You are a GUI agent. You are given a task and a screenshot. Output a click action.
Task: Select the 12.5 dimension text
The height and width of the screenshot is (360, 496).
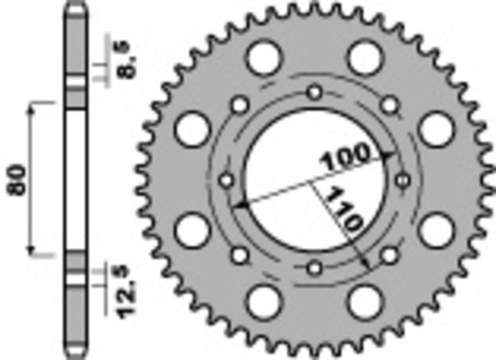[x=126, y=291]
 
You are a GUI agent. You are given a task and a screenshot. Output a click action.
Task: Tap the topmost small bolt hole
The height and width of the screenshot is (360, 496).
[x=315, y=92]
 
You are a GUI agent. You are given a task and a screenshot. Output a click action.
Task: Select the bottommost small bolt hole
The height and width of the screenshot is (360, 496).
[x=315, y=269]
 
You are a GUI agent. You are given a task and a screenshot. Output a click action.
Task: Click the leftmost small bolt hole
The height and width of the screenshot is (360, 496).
[x=226, y=180]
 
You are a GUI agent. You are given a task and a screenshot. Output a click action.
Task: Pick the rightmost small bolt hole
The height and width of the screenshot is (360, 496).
[x=403, y=180]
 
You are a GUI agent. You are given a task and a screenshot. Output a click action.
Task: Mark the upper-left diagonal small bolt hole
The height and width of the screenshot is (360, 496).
[x=240, y=105]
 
